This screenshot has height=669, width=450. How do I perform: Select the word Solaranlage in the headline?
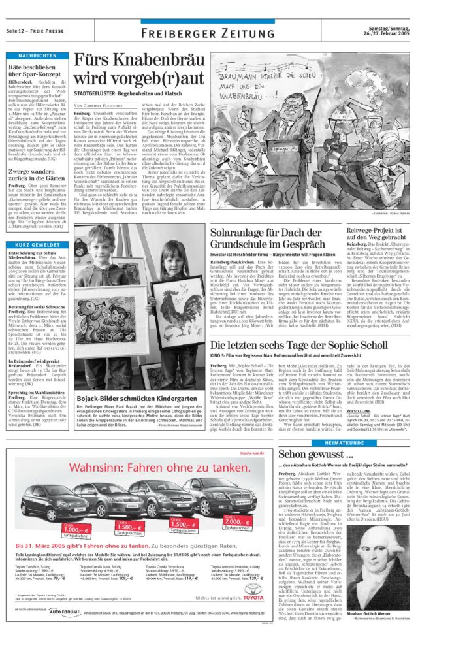coord(244,231)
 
